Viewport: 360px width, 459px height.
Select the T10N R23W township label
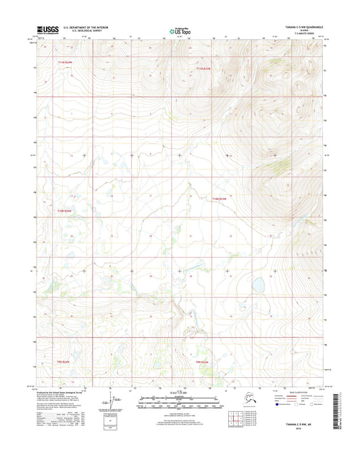click(222, 198)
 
